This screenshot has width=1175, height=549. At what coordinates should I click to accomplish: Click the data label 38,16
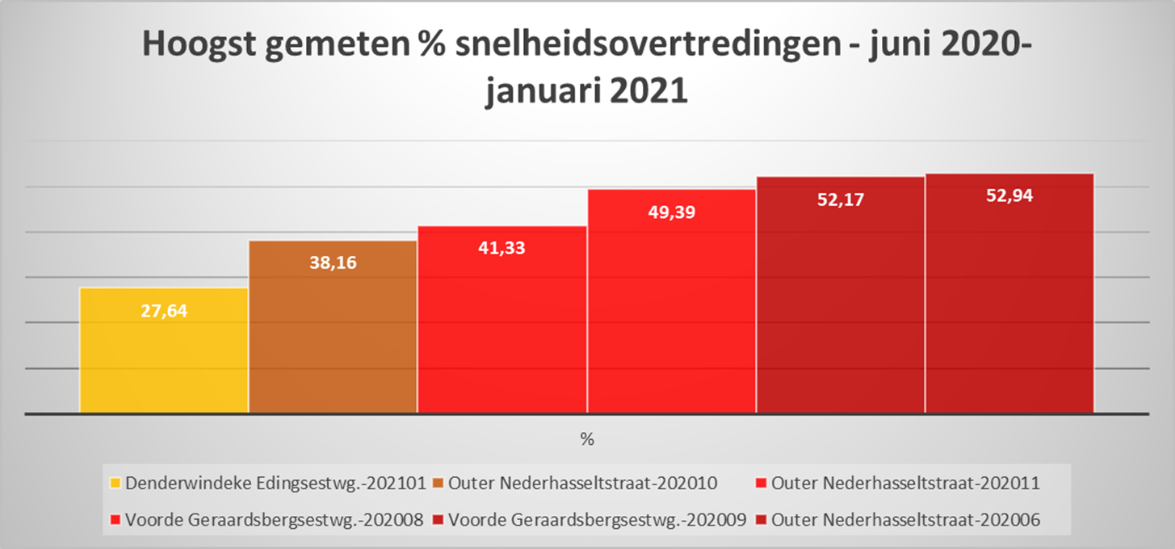click(x=333, y=263)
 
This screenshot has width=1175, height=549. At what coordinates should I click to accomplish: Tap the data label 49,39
click(x=671, y=212)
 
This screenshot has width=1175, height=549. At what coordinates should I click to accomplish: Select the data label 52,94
click(x=1009, y=195)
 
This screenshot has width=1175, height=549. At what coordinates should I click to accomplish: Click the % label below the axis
click(x=586, y=440)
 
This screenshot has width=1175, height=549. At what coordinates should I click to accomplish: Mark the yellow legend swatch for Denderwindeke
click(x=115, y=484)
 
